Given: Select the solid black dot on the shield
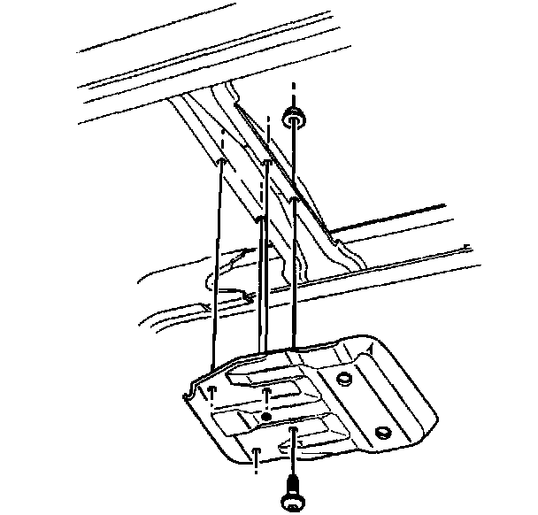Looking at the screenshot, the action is (266, 415).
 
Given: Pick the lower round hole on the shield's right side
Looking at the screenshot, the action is (383, 433).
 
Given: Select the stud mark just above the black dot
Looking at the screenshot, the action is (266, 389).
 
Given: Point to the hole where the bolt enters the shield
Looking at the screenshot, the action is (293, 433).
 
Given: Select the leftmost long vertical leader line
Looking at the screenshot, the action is (215, 265).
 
